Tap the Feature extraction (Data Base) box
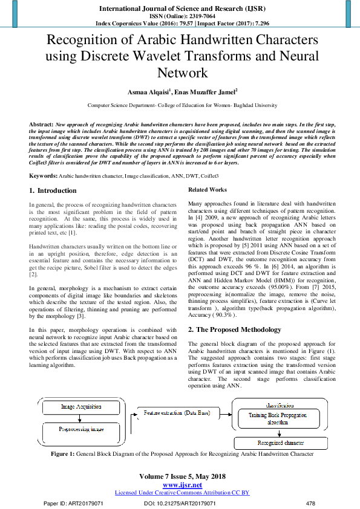(x=177, y=413)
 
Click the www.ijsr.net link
(x=182, y=485)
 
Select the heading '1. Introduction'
(x=53, y=190)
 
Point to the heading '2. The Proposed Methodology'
(x=235, y=329)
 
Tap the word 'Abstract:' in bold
(x=41, y=123)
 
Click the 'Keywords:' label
(x=43, y=175)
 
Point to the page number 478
(x=311, y=504)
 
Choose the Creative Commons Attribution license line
(x=182, y=493)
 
